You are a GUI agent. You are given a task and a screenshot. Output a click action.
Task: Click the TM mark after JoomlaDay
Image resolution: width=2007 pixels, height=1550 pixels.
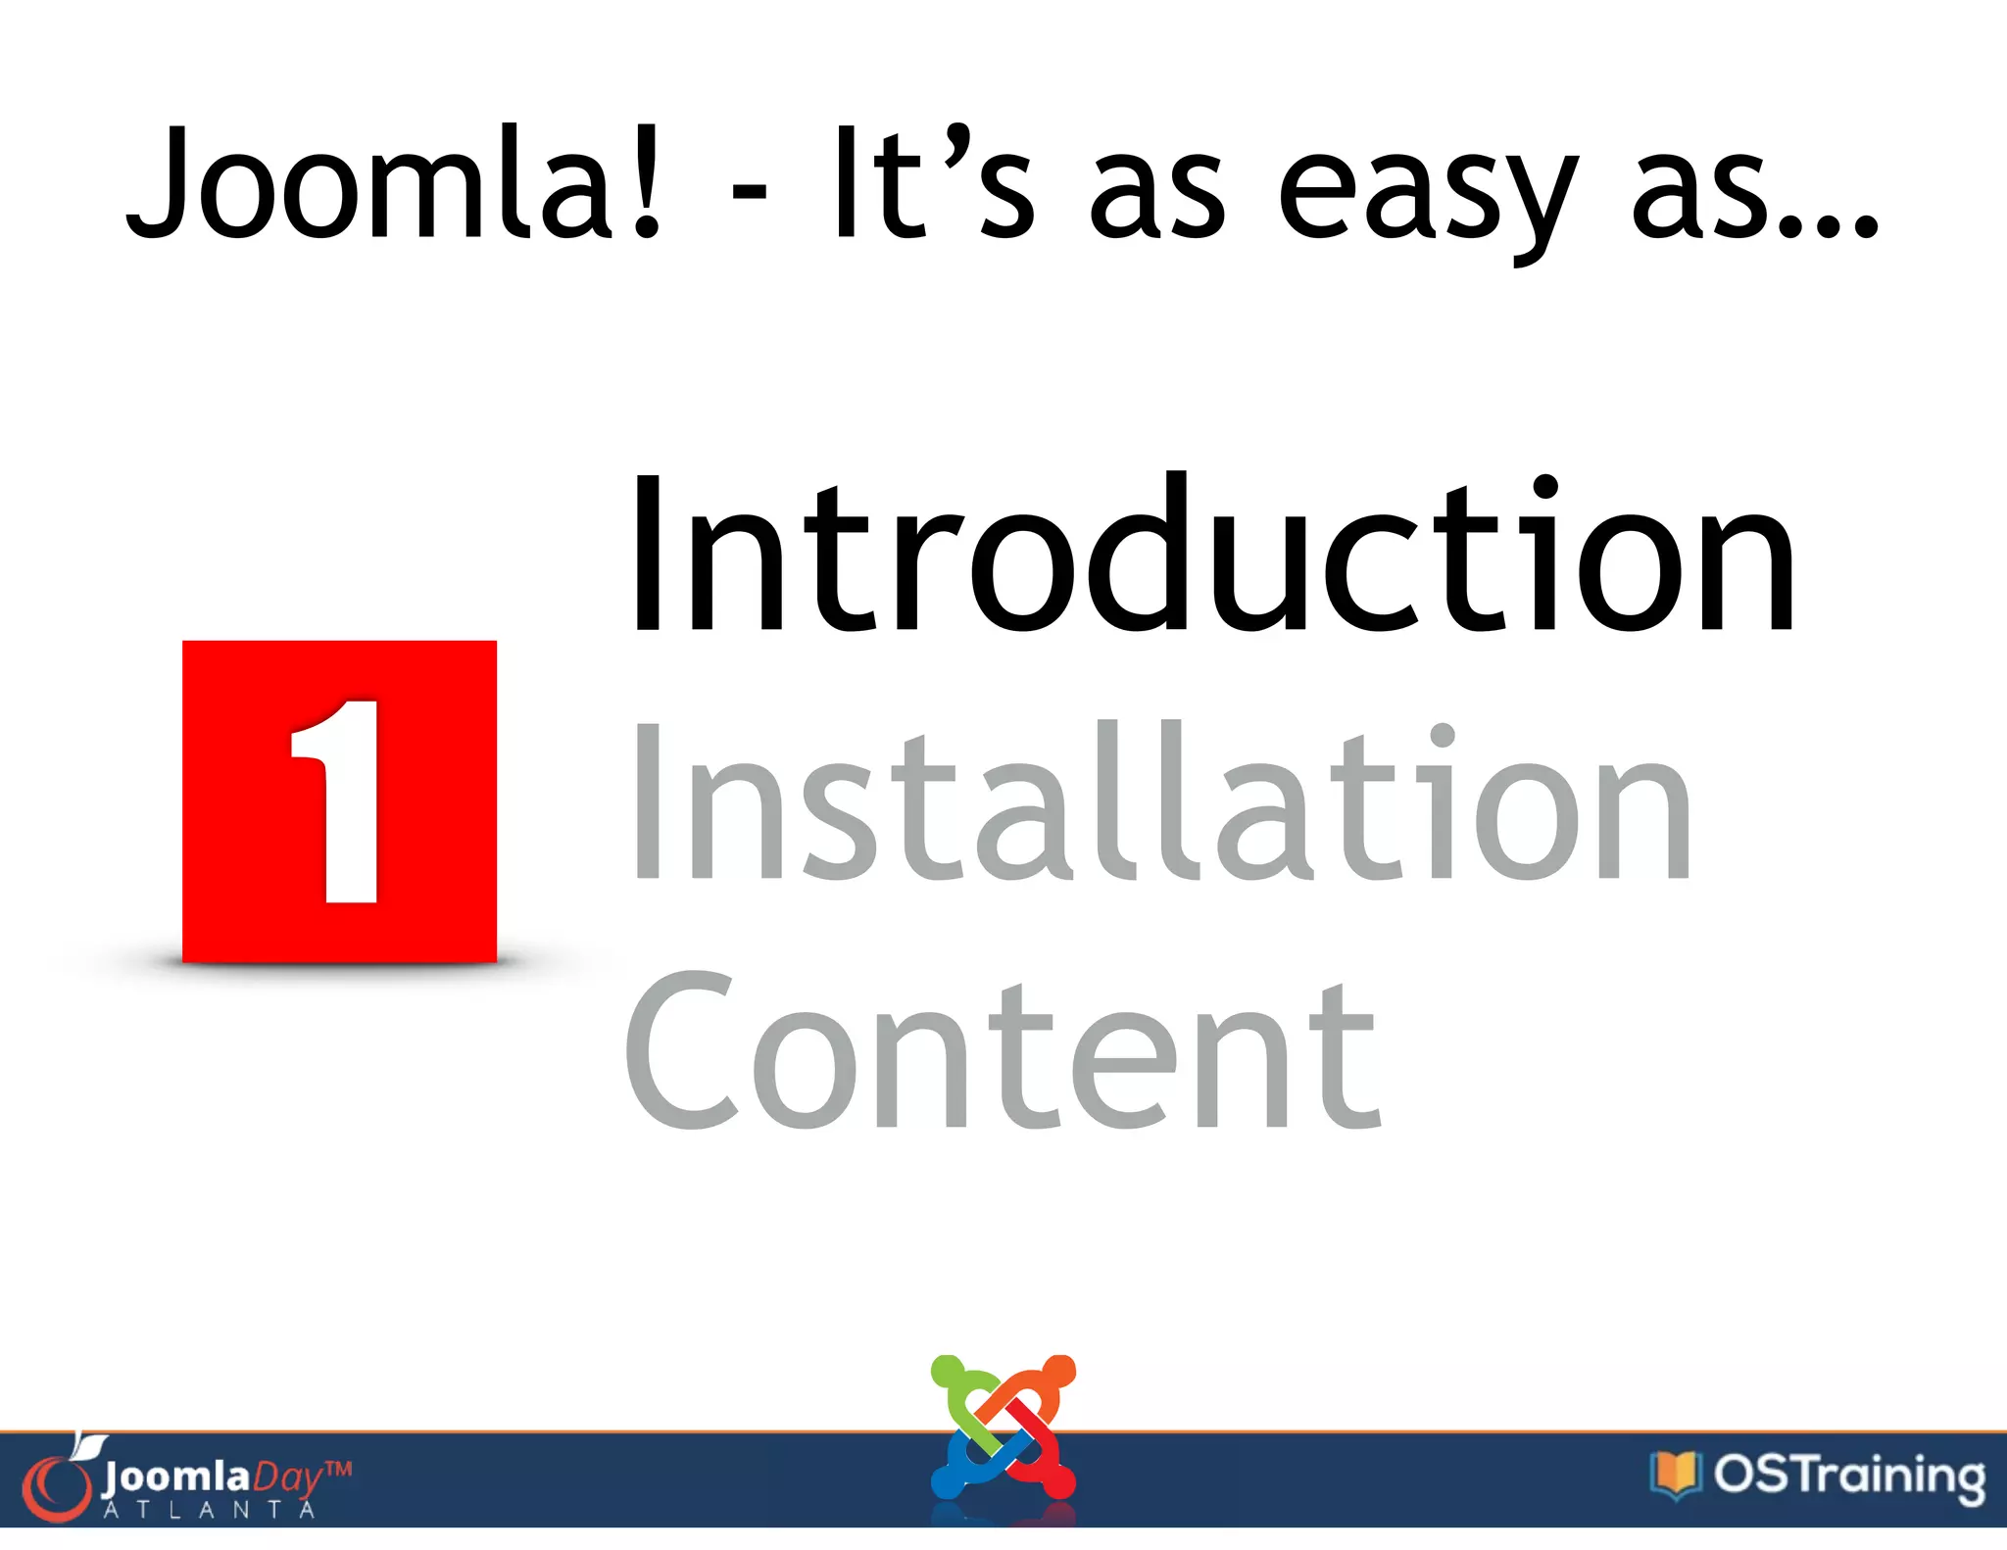coord(338,1469)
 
